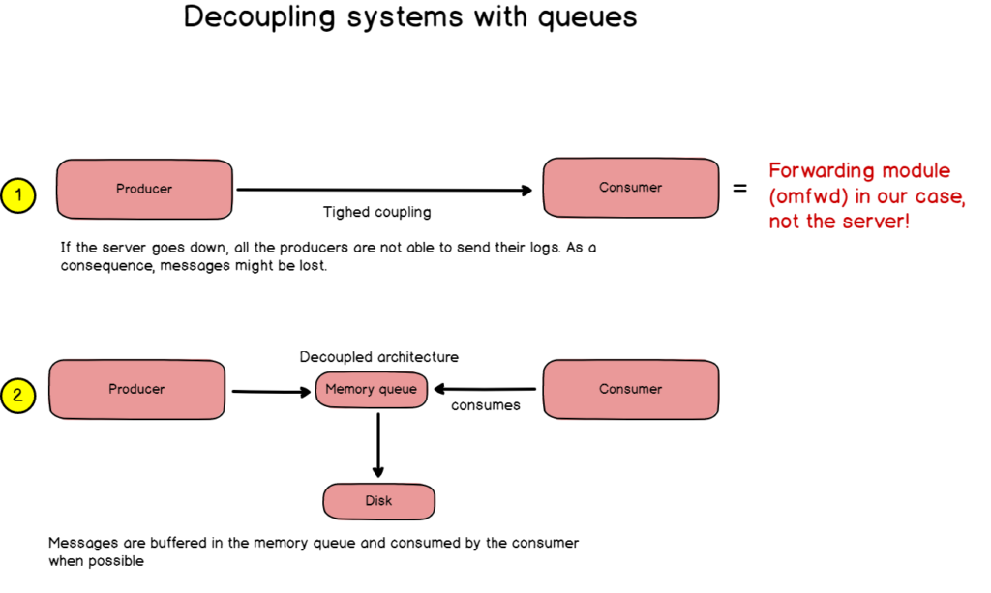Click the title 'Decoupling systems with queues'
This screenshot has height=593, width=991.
click(410, 18)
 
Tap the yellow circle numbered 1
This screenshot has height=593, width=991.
click(18, 195)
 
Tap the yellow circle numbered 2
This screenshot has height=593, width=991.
click(18, 395)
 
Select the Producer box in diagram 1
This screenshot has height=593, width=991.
click(144, 189)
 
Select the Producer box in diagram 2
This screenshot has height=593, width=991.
click(136, 389)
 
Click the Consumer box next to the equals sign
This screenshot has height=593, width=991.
click(630, 188)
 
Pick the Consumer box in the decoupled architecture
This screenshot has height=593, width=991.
click(630, 389)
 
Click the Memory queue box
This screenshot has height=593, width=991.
click(371, 390)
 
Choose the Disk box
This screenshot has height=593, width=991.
click(378, 501)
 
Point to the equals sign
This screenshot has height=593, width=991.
click(740, 189)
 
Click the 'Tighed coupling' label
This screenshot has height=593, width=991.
click(377, 212)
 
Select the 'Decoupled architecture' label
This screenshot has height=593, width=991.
click(379, 357)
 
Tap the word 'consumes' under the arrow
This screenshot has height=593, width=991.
click(486, 405)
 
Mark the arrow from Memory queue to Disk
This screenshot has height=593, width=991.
click(378, 444)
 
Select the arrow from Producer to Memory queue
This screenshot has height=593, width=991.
click(270, 392)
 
